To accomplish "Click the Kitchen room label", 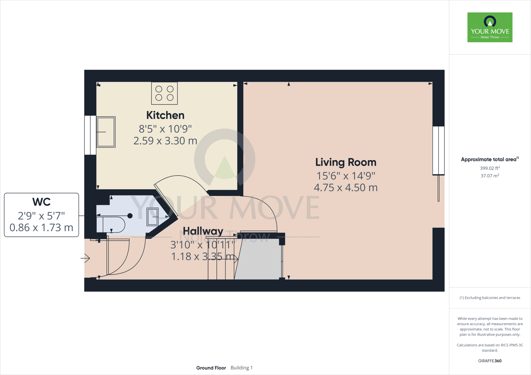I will pos(165,115).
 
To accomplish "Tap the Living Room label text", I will pos(346,162).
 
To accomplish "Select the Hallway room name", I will pos(203,231).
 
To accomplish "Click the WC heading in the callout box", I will pos(41,202).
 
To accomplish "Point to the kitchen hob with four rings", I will pos(164,93).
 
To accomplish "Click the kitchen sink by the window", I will pos(106,132).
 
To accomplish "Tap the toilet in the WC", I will pos(111,225).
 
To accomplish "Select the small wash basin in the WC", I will pos(153,217).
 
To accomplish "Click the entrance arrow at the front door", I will pos(86,258).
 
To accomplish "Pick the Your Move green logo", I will pos(490,27).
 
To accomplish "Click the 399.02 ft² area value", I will pos(490,168).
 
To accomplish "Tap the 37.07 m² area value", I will pos(490,176).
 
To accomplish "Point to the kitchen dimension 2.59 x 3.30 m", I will pos(165,141).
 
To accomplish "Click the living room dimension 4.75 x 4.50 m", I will pos(346,188).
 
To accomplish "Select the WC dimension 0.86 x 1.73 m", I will pos(41,228).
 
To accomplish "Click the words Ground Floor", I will pos(211,368).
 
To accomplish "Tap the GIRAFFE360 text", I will pos(490,361).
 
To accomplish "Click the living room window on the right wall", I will pos(438,150).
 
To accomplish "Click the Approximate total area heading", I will pos(489,160).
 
